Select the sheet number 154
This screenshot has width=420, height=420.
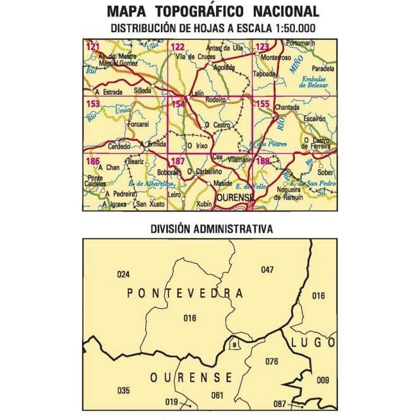(179, 104)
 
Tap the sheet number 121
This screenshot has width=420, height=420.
(93, 47)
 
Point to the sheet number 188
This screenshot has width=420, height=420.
(263, 162)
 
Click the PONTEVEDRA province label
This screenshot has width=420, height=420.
(185, 293)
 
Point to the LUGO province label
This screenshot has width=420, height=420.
(314, 342)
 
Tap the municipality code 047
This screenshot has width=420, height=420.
(268, 270)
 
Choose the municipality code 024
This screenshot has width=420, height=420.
(123, 274)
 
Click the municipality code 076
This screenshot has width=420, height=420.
(272, 361)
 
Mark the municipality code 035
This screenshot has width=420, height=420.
(123, 388)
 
